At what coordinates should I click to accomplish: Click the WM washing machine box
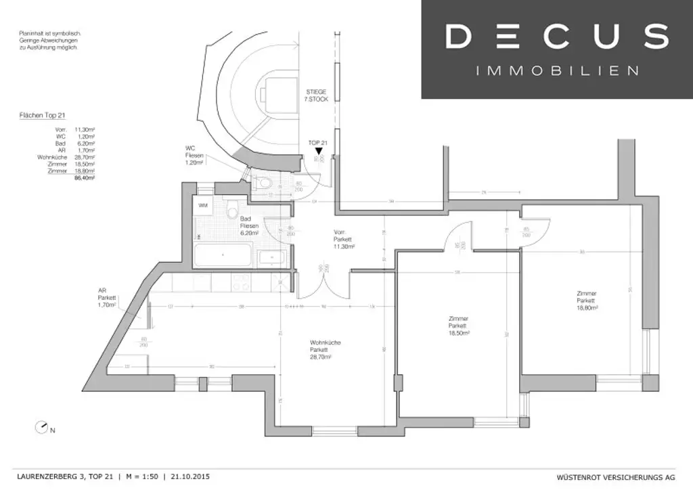pos(203,204)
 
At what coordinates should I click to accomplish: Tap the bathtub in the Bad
pos(223,258)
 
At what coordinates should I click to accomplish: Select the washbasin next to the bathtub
pos(271,257)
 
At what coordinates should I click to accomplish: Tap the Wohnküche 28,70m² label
pos(325,349)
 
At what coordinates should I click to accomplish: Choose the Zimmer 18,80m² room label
pos(586,300)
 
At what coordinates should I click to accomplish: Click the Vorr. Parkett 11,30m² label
pos(343,240)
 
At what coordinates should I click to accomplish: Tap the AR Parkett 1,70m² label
pos(107,298)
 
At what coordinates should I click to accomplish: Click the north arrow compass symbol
pos(43,427)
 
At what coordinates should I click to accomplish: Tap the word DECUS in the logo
pos(556,37)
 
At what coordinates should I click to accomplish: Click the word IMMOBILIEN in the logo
pos(556,70)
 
